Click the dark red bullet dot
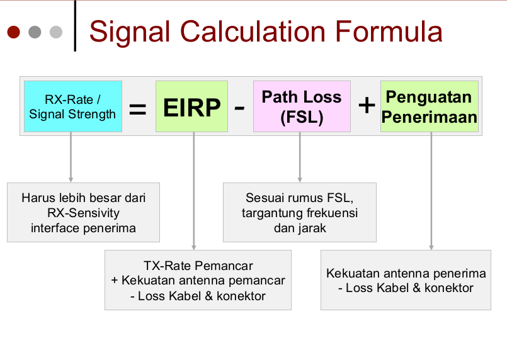14,32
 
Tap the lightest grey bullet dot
56,32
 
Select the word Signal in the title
130,32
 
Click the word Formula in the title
389,31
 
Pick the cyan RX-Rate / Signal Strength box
73,106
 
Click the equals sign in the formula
138,109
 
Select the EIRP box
191,106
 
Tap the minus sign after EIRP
239,108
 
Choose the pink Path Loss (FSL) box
302,106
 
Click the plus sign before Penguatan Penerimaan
367,105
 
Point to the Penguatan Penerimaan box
430,106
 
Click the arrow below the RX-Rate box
71,157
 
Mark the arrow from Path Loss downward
300,157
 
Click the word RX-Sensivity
83,213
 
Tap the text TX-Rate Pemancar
198,266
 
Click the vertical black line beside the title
75,26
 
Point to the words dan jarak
300,228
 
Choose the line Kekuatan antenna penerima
406,273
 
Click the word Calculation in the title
253,31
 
